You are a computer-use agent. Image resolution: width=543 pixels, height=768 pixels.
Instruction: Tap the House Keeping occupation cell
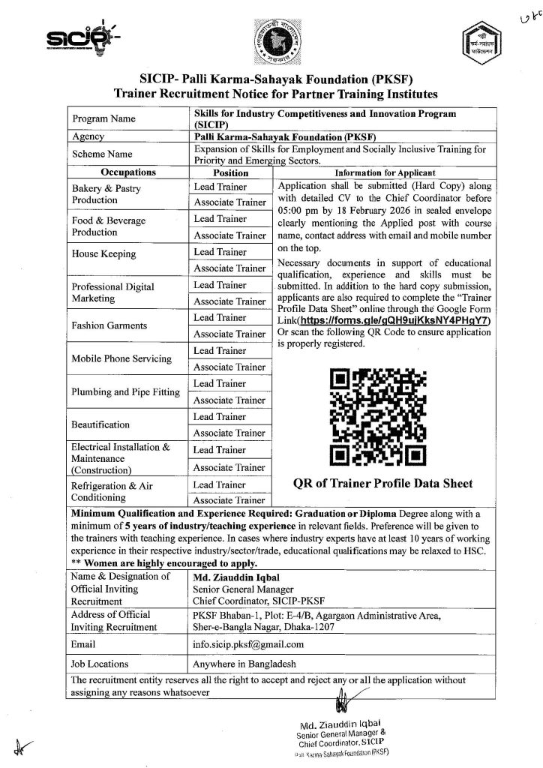tap(104, 254)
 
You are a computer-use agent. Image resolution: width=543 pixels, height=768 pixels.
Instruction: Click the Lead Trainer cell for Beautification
tap(220, 416)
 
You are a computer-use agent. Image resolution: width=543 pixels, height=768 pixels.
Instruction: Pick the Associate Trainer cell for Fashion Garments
tap(230, 334)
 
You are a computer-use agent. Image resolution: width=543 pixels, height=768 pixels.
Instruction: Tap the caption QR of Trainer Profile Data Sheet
tap(382, 484)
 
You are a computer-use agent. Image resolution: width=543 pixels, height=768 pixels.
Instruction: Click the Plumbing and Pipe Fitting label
tap(125, 392)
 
